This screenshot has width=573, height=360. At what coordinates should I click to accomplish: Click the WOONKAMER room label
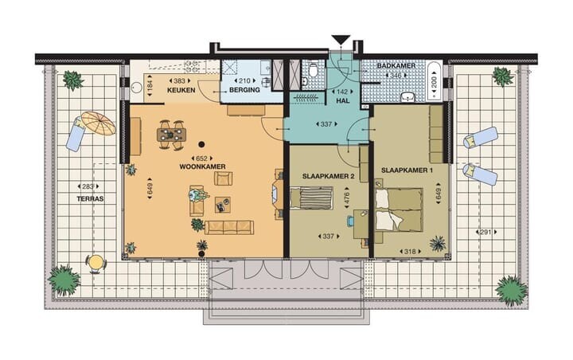coord(202,166)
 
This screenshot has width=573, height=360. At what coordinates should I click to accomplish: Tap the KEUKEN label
coord(181,90)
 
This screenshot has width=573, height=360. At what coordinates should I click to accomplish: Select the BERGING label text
coord(244,90)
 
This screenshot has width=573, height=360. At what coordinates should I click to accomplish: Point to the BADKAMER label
coord(396,66)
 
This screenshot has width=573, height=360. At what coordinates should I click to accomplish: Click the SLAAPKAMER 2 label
coord(328,176)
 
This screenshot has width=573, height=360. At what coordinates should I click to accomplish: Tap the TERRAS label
coord(90,199)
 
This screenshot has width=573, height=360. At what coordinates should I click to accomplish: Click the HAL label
coord(343,100)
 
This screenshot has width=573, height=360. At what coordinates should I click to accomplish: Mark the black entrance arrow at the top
coord(341,40)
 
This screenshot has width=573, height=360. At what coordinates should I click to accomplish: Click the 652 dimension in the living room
coord(201,158)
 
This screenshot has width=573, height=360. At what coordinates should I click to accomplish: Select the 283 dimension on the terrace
coord(88,186)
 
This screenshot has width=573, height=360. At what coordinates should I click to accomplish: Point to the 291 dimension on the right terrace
coord(486,232)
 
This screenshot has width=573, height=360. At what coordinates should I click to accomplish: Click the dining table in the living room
coord(171,135)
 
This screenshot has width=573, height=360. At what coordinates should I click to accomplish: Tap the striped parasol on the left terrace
coord(98,123)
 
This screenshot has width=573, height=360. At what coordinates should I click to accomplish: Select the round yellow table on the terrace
coord(95,262)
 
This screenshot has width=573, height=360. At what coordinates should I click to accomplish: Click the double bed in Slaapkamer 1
coord(399,210)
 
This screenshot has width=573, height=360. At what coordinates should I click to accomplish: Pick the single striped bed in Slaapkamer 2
coord(311,198)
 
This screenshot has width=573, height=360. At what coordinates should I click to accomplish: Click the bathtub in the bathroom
coord(435,81)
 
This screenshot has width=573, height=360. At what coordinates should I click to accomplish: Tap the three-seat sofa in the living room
coord(228,227)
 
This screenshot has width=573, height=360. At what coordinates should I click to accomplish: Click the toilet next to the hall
coord(313,69)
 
